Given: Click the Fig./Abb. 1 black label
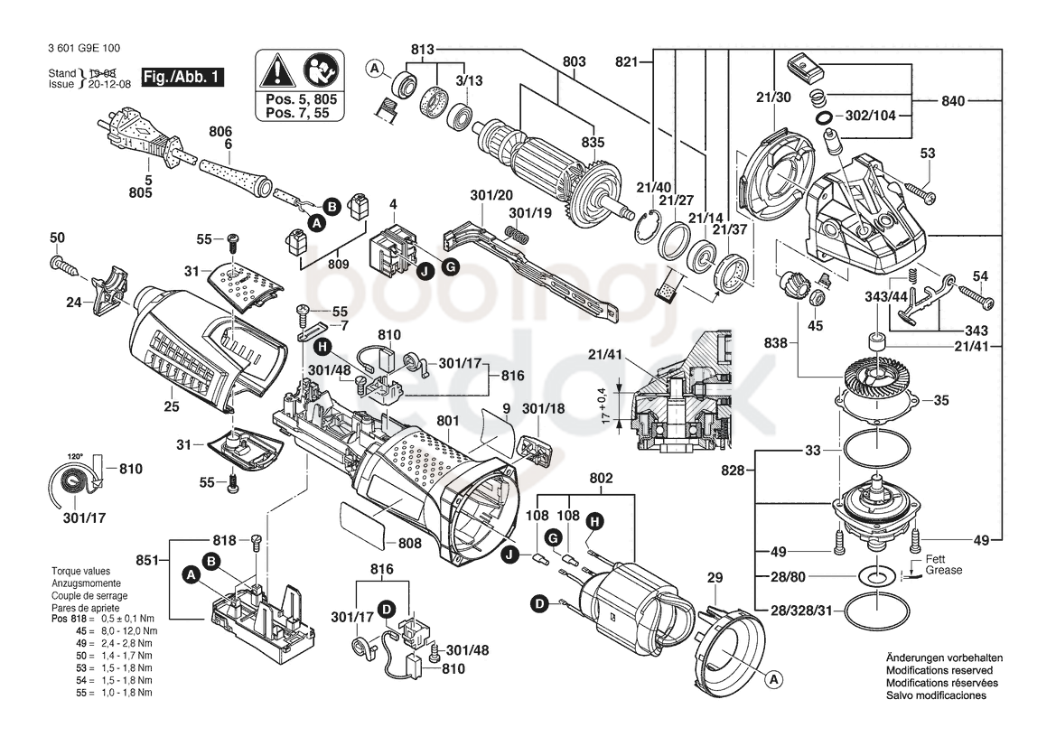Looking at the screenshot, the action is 182,77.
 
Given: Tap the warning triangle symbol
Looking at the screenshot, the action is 277,71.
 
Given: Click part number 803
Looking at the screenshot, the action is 575,61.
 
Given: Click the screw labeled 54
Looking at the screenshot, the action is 976,298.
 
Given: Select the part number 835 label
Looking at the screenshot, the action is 593,142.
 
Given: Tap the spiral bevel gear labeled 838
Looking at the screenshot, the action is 877,378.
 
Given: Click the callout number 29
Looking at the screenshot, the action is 715,578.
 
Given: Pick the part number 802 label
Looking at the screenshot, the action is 601,478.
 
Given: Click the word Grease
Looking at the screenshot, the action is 943,570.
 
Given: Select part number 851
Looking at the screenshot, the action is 147,560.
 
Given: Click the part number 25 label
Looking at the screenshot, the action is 172,406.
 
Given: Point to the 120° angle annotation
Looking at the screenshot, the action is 75,456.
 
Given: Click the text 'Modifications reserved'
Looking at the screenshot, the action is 939,671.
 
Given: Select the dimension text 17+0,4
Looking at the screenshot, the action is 605,405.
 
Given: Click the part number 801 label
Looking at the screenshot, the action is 447,421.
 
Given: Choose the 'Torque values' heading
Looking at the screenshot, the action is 80,571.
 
